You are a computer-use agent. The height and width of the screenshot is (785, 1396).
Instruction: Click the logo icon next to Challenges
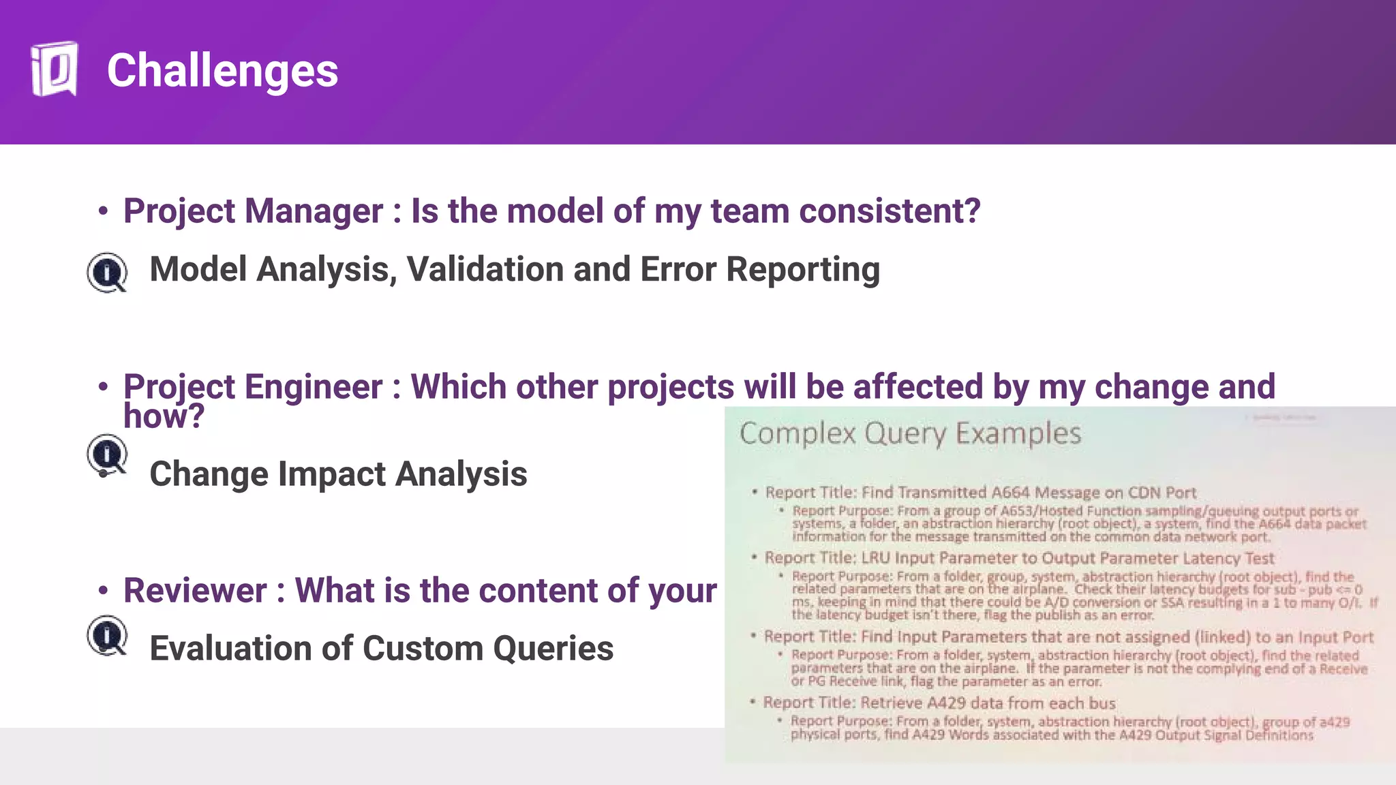pos(54,70)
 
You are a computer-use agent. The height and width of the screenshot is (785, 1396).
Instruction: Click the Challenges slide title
pos(222,71)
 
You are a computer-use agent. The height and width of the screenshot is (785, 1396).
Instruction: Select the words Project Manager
pos(253,211)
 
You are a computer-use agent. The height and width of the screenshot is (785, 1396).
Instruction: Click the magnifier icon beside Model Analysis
pos(107,272)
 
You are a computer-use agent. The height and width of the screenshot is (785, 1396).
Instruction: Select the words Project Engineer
pos(253,387)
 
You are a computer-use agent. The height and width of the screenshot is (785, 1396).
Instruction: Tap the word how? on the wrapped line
pos(164,416)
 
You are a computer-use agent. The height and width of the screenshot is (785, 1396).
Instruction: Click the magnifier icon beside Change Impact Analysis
pos(107,455)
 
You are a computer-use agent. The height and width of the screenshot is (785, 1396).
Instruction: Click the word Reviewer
pos(195,591)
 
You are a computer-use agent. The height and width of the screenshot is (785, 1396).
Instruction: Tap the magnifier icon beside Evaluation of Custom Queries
pos(107,635)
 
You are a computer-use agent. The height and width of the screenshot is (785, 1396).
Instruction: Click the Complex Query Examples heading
pos(910,434)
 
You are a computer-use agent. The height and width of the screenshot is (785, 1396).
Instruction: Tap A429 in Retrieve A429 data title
pos(947,703)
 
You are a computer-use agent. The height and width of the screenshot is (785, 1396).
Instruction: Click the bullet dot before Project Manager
pos(103,212)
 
